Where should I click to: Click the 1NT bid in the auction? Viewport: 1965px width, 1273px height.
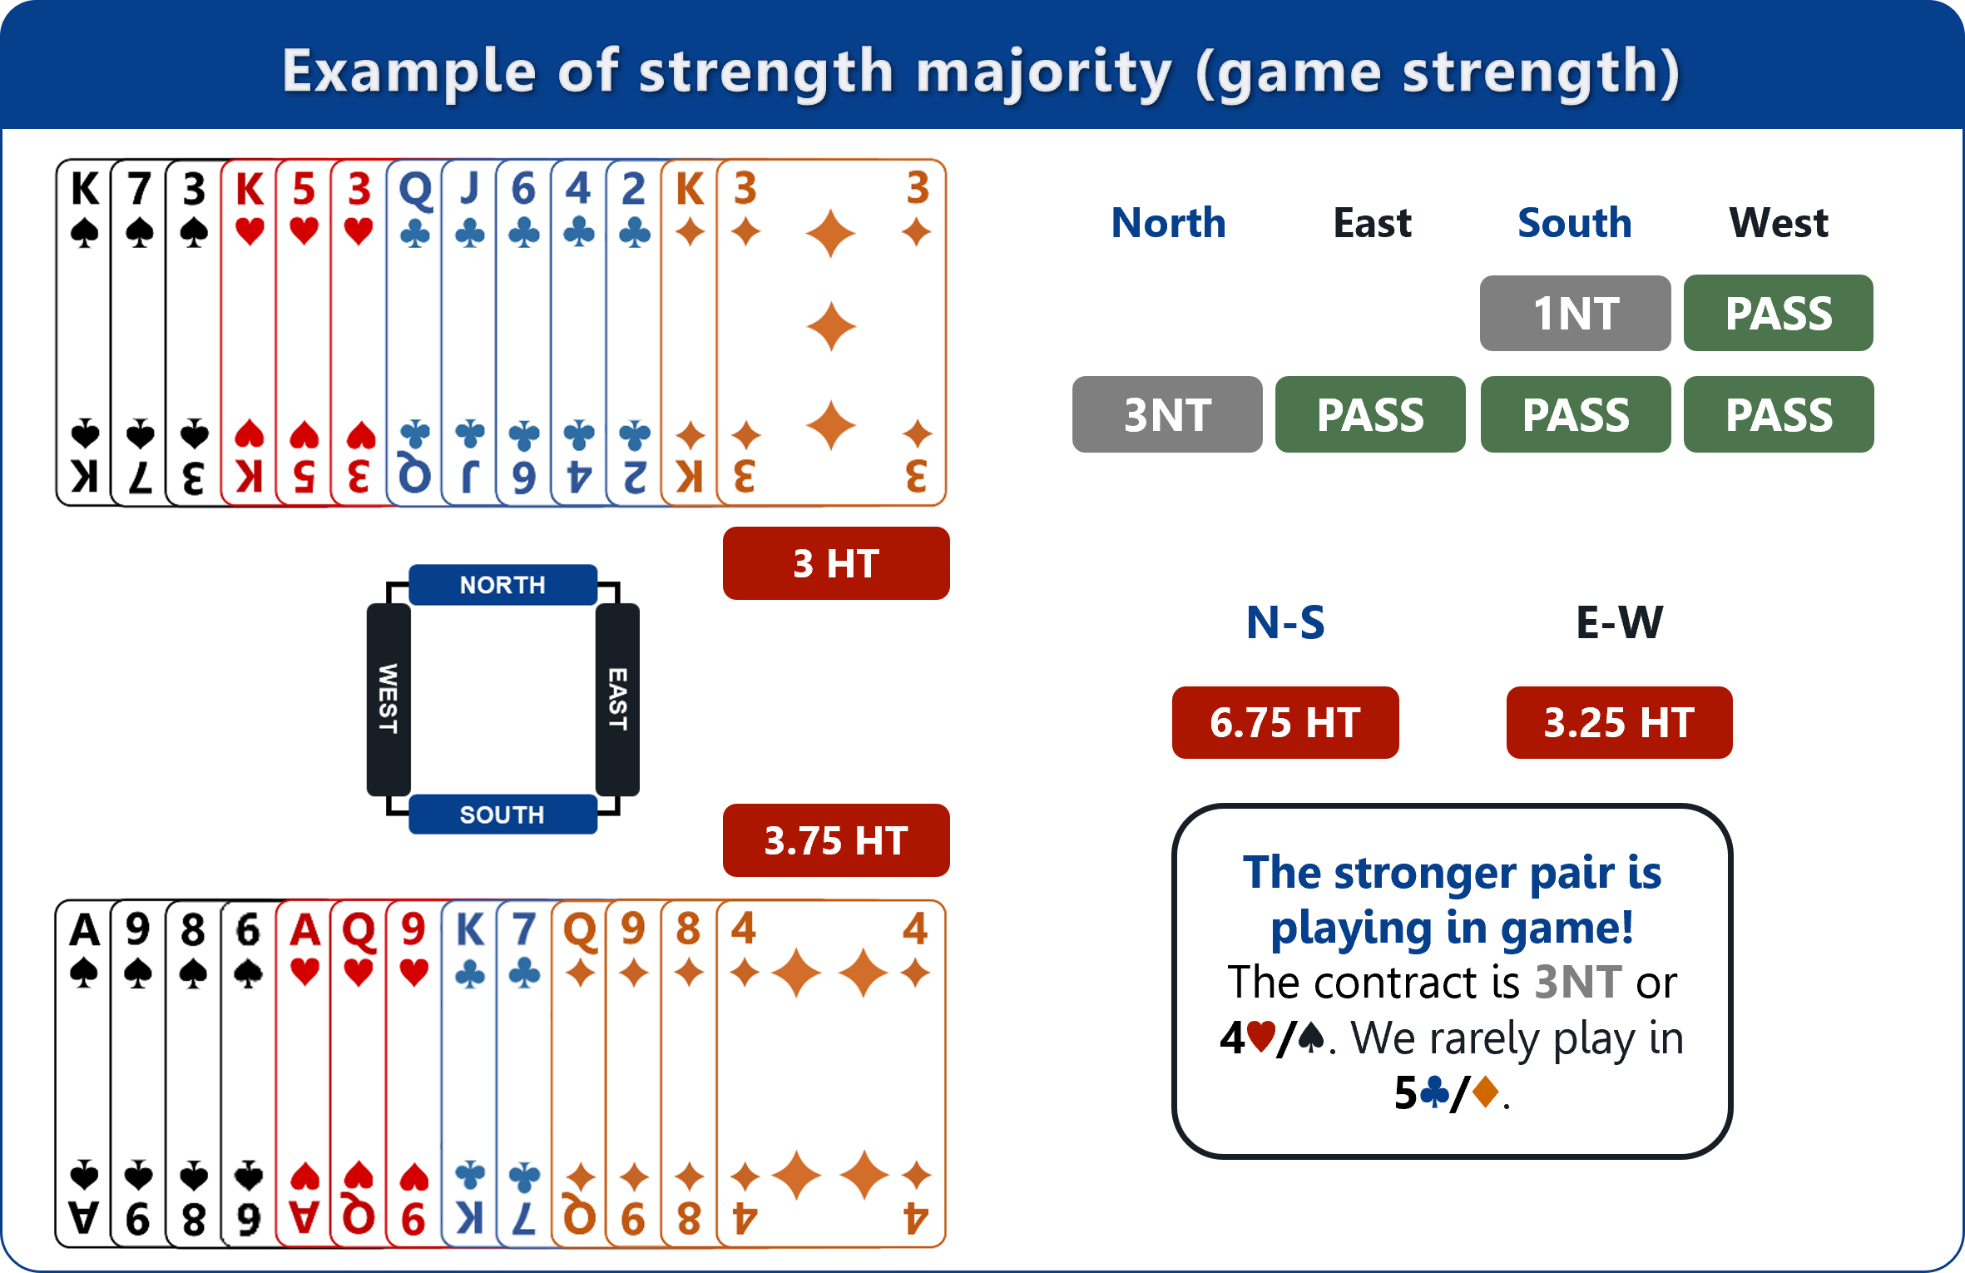1575,314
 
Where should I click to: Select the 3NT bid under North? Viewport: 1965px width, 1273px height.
1167,414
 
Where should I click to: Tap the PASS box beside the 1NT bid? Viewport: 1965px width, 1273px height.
1779,314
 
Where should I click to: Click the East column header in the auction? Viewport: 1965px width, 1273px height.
1372,223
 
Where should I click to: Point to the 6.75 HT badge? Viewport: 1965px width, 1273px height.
1285,722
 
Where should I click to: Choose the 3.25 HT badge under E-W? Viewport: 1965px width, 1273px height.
1619,722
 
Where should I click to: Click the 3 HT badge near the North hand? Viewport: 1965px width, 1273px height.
836,563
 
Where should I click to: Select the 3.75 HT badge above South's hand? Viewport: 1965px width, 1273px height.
836,840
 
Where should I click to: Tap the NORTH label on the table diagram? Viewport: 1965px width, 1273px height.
502,585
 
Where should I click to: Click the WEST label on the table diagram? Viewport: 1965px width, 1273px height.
389,699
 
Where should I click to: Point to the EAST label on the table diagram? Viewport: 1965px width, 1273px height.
617,699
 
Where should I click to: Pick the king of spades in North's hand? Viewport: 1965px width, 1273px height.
83,333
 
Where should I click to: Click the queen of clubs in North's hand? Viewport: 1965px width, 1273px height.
414,333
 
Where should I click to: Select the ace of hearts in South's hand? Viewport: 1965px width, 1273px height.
304,1073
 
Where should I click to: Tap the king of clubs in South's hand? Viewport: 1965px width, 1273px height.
469,1073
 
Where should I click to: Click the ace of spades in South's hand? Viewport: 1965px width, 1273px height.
83,1073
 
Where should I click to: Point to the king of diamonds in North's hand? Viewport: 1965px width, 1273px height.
690,333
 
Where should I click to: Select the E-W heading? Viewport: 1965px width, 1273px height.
1619,622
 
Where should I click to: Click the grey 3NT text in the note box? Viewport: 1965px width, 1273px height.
1577,983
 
